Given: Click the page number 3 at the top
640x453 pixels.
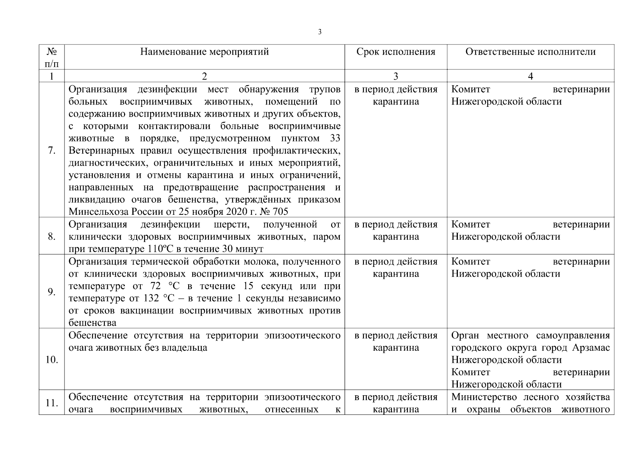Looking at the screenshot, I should coord(320,32).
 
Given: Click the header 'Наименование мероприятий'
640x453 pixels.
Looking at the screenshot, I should coord(204,52).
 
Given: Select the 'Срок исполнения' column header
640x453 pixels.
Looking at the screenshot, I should coord(396,52).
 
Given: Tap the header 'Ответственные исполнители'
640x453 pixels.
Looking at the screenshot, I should coord(530,52).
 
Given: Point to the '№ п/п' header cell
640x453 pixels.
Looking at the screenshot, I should coord(52,57).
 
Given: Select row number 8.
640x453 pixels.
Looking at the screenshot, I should coord(52,237).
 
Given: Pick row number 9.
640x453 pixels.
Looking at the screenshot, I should coord(52,292).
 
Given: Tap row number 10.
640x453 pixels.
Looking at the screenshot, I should coord(52,360).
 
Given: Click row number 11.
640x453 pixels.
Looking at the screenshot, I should coord(52,403).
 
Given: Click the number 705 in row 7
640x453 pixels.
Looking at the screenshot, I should coord(280,212).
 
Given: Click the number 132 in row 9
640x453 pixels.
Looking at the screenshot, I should coord(151,299).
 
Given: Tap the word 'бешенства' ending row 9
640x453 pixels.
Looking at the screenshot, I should coord(92,323).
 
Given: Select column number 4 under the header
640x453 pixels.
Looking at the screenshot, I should coord(530,77).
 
